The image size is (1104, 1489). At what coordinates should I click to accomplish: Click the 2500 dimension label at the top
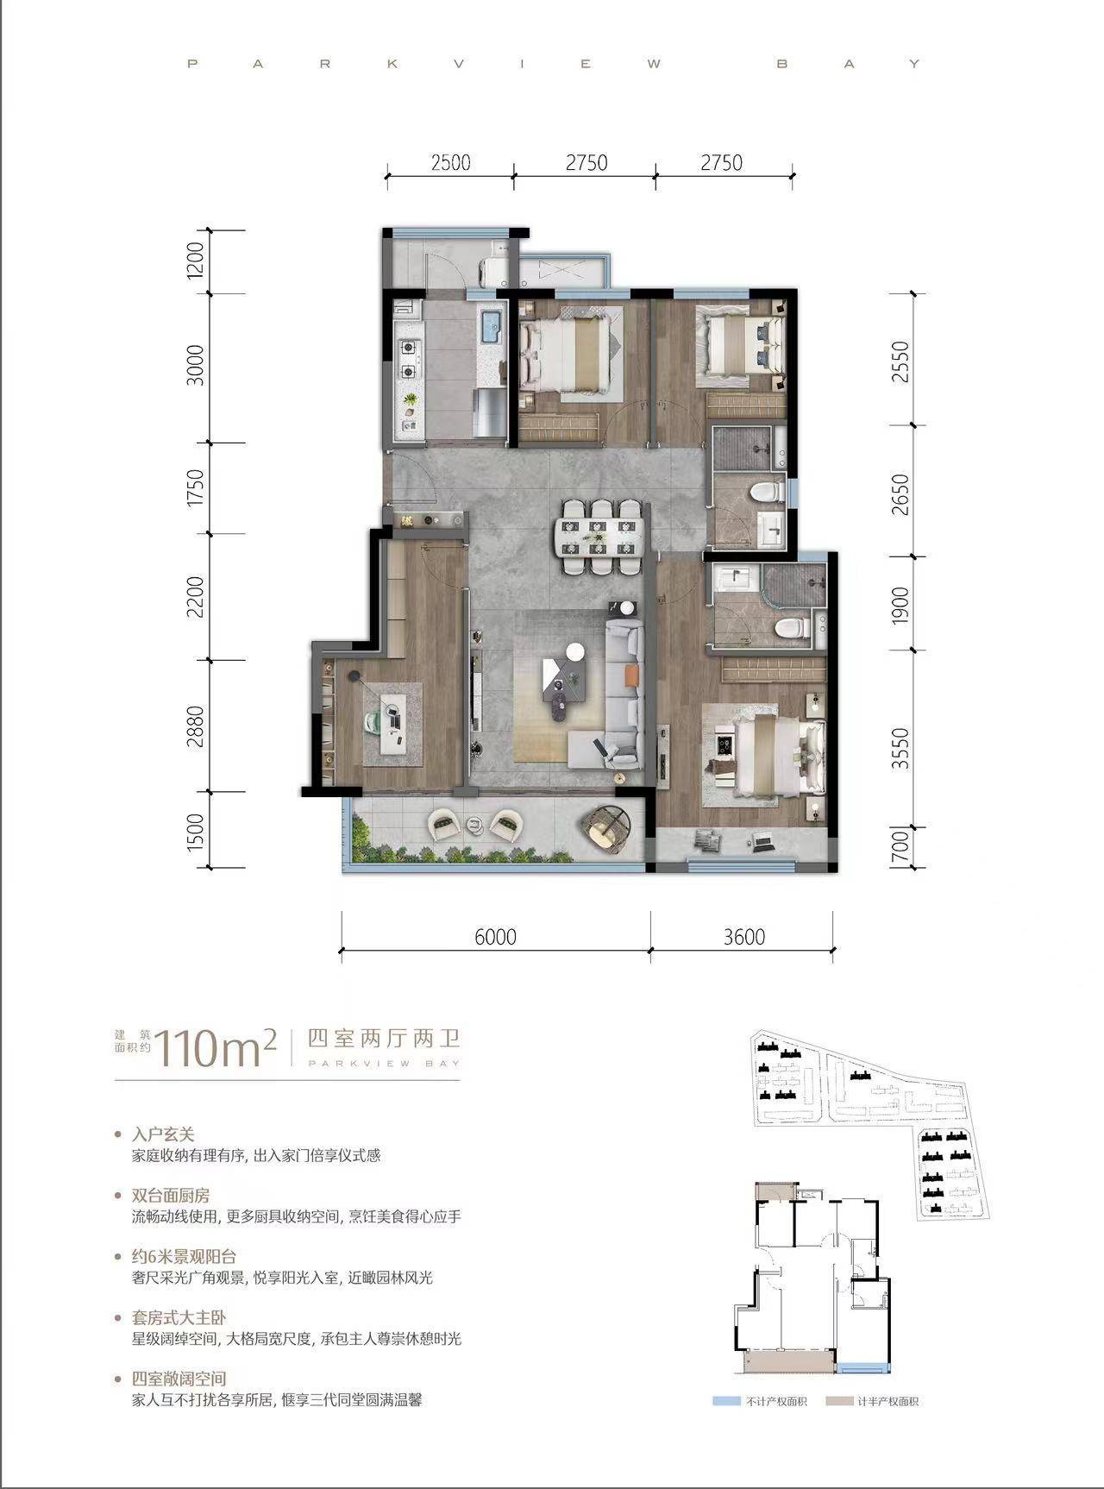tap(450, 163)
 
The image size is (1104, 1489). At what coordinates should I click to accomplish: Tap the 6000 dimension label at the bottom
tap(495, 937)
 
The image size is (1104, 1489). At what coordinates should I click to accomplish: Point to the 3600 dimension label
tap(743, 937)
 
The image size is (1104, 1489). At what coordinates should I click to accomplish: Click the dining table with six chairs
tap(600, 537)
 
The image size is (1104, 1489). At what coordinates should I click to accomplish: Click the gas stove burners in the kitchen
tap(408, 360)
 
